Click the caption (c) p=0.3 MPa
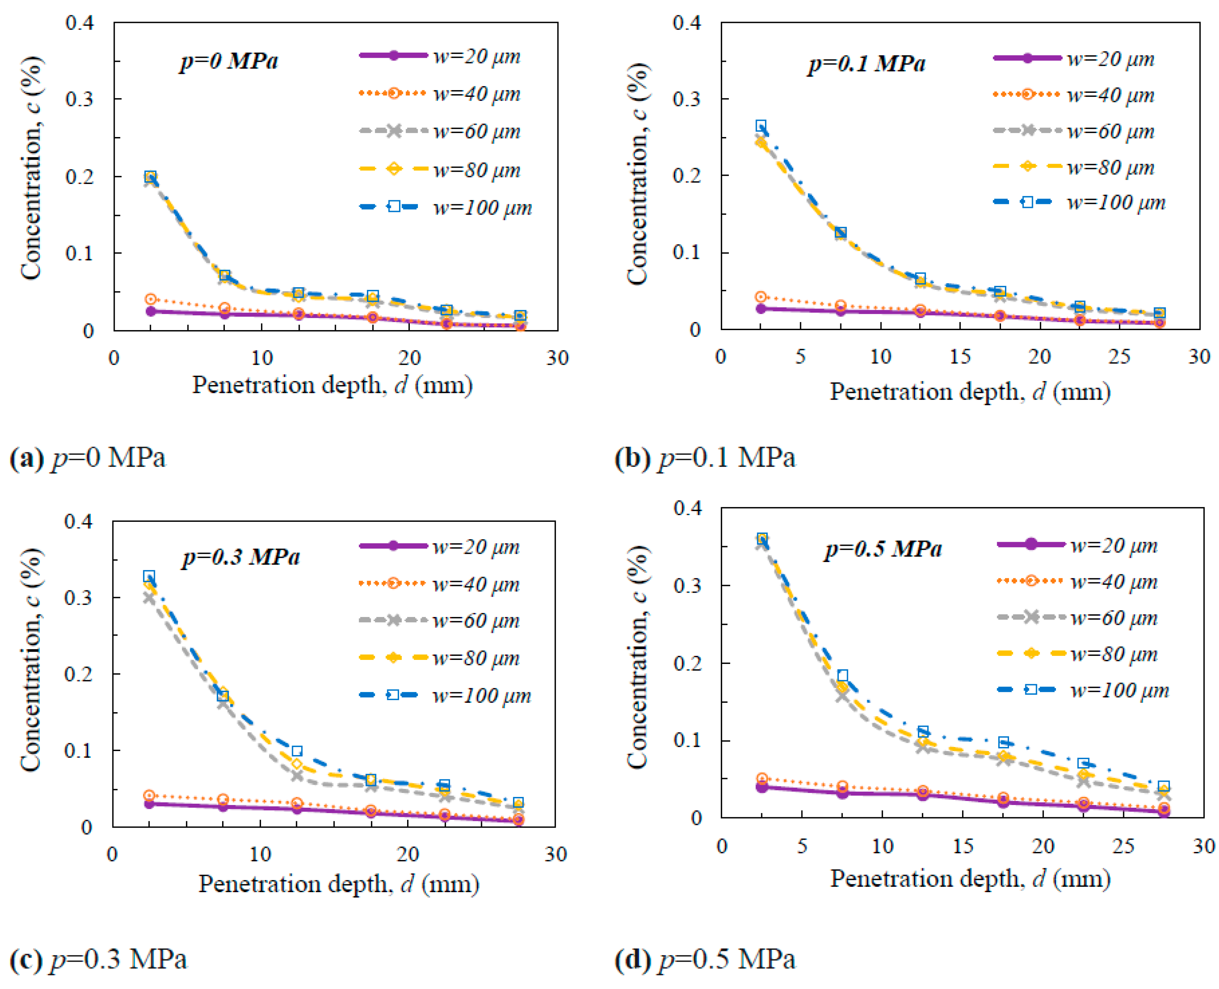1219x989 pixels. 98,959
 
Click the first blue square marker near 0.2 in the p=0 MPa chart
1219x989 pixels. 150,177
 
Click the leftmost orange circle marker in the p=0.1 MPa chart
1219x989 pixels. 761,297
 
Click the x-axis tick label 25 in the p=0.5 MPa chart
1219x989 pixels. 1123,847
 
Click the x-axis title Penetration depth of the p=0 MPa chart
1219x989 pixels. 332,386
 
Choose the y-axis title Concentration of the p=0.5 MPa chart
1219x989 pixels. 638,658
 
